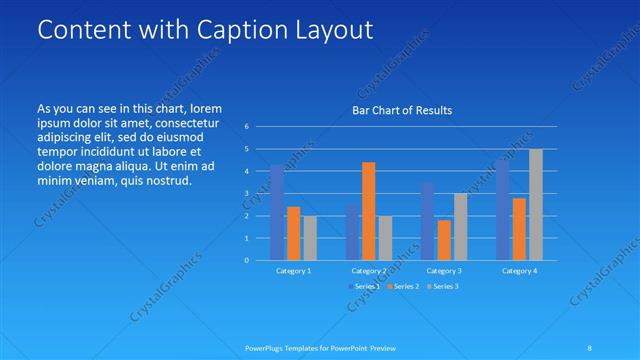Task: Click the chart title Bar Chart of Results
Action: point(401,110)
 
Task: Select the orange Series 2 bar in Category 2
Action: point(369,211)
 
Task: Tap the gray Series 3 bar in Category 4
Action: point(536,205)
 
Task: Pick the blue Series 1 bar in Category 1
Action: point(277,213)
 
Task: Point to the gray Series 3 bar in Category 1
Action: point(310,238)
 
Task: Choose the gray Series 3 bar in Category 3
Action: point(461,227)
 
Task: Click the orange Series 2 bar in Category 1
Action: point(294,233)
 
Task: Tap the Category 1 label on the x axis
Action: point(293,271)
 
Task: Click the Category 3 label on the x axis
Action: point(443,271)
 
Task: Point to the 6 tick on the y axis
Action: point(246,127)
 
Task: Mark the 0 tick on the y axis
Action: point(246,260)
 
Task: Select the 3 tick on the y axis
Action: point(246,194)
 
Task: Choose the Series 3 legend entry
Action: point(443,287)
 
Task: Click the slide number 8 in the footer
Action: point(590,348)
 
